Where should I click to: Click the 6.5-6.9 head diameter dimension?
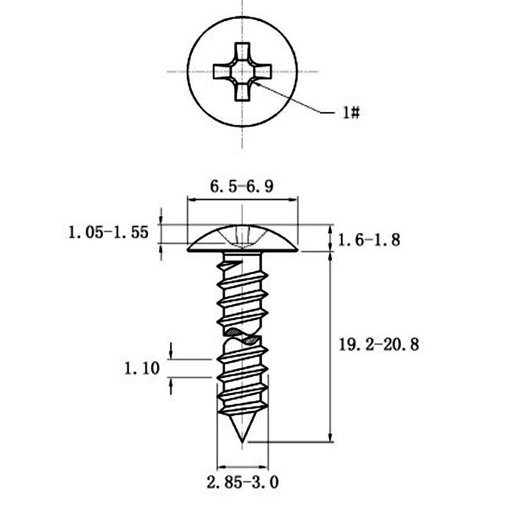[x=241, y=187]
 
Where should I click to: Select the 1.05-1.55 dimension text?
[x=108, y=232]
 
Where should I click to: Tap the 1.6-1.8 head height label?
[x=369, y=241]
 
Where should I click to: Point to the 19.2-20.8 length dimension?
[x=378, y=345]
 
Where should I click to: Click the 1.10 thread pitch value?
[x=141, y=369]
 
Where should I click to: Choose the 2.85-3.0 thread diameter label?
[x=243, y=483]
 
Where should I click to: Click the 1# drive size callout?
[x=351, y=113]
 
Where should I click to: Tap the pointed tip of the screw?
[x=242, y=442]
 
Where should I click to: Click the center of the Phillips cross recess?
[x=242, y=72]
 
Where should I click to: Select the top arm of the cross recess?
[x=242, y=52]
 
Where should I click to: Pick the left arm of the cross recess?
[x=223, y=72]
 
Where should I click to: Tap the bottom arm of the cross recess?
[x=242, y=91]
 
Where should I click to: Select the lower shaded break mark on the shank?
[x=252, y=341]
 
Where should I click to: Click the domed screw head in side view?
[x=243, y=238]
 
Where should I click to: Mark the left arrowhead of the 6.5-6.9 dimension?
[x=191, y=198]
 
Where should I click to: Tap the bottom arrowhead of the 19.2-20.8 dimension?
[x=330, y=438]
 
